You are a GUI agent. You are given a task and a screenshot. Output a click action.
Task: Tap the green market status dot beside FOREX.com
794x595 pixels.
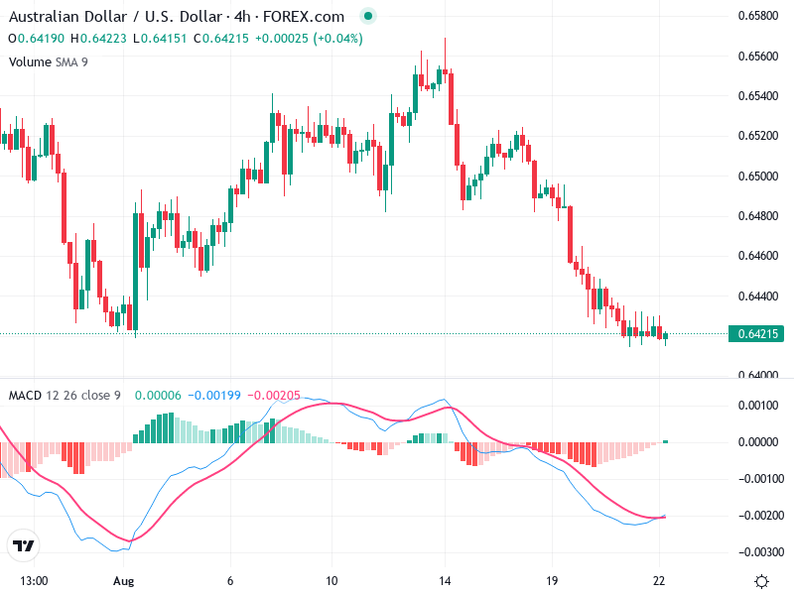tap(369, 17)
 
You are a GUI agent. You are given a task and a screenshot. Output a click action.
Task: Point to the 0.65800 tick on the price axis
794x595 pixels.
tap(759, 16)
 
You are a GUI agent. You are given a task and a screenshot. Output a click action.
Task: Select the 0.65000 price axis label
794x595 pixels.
tap(759, 176)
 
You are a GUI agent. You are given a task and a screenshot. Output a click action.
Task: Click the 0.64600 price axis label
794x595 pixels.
tap(759, 255)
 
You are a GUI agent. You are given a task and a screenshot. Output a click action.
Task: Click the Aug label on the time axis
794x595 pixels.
tap(123, 581)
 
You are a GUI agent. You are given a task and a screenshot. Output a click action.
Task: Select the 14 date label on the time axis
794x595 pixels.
tap(446, 581)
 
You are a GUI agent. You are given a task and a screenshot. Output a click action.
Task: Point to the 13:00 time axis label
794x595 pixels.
tap(35, 581)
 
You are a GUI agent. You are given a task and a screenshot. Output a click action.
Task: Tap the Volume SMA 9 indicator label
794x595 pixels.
tap(48, 61)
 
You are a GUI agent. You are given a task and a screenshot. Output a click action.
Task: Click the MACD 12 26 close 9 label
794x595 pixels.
tap(65, 396)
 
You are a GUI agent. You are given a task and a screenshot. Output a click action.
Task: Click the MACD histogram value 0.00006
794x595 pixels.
tap(157, 396)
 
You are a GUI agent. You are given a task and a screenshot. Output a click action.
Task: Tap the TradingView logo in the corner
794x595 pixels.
tap(23, 545)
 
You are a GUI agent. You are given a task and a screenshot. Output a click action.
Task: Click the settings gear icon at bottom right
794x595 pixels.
tap(761, 581)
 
